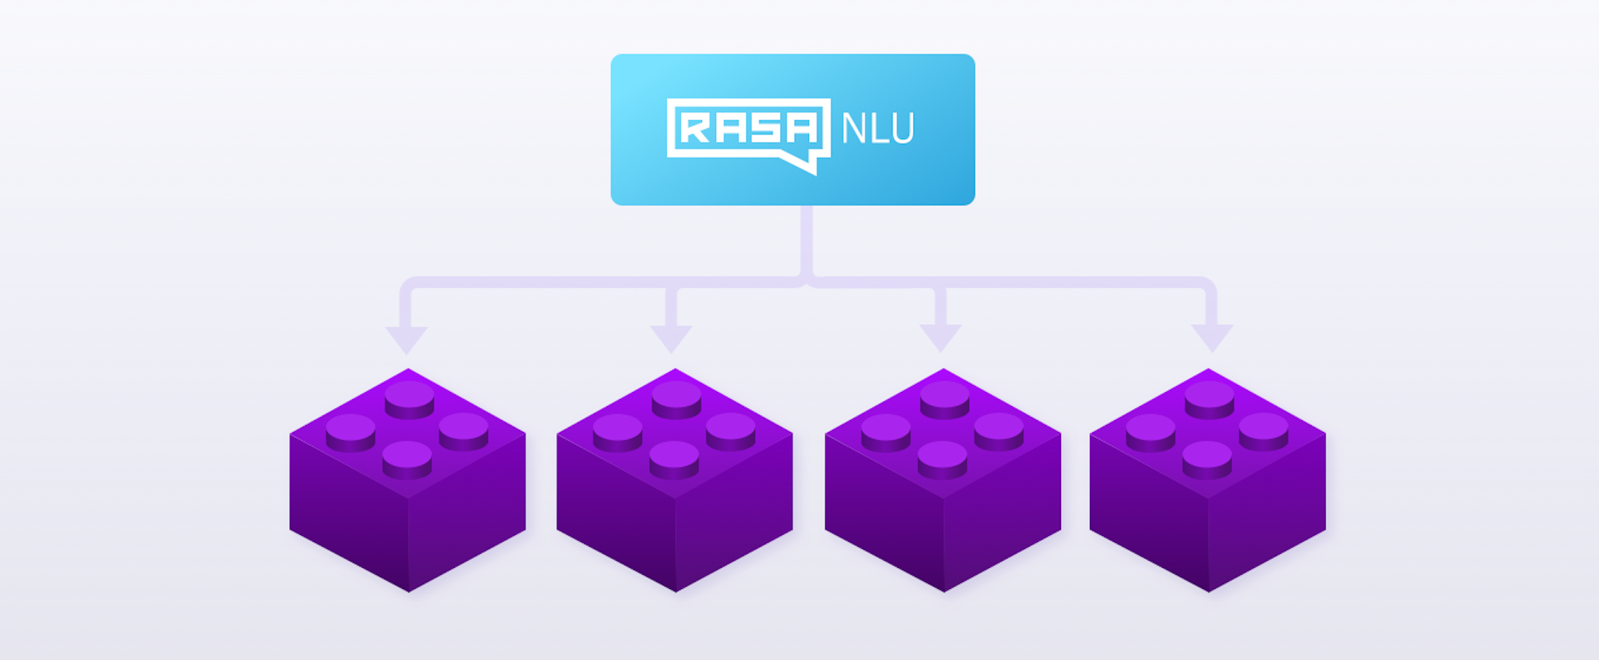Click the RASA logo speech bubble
point(747,129)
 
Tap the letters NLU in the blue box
point(878,129)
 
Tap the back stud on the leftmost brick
point(409,396)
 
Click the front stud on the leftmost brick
point(407,456)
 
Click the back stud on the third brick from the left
point(945,396)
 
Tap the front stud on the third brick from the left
point(942,456)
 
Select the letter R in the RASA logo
point(696,128)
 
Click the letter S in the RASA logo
point(764,128)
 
